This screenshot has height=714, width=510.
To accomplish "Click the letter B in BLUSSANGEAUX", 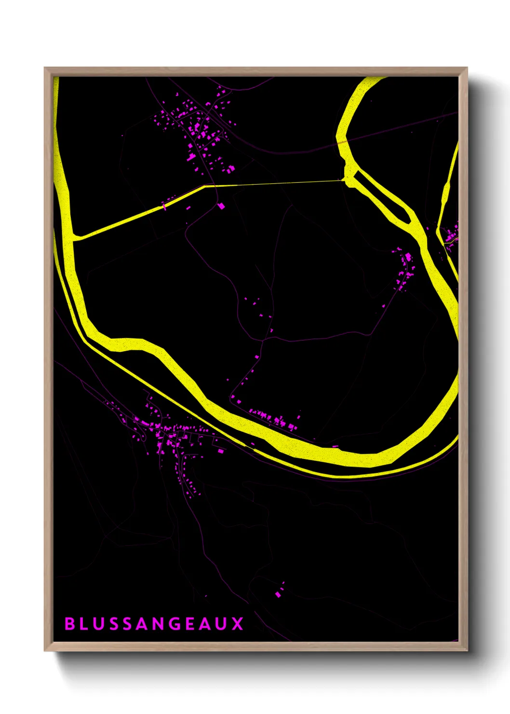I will [70, 624].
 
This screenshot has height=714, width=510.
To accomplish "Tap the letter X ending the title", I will [238, 624].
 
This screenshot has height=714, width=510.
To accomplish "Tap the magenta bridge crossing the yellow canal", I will [164, 206].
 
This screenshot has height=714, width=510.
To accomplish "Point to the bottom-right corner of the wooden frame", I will [466, 650].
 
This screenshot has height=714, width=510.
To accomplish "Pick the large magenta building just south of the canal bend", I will [221, 206].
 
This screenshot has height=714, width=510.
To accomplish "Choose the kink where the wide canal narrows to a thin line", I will [204, 186].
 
